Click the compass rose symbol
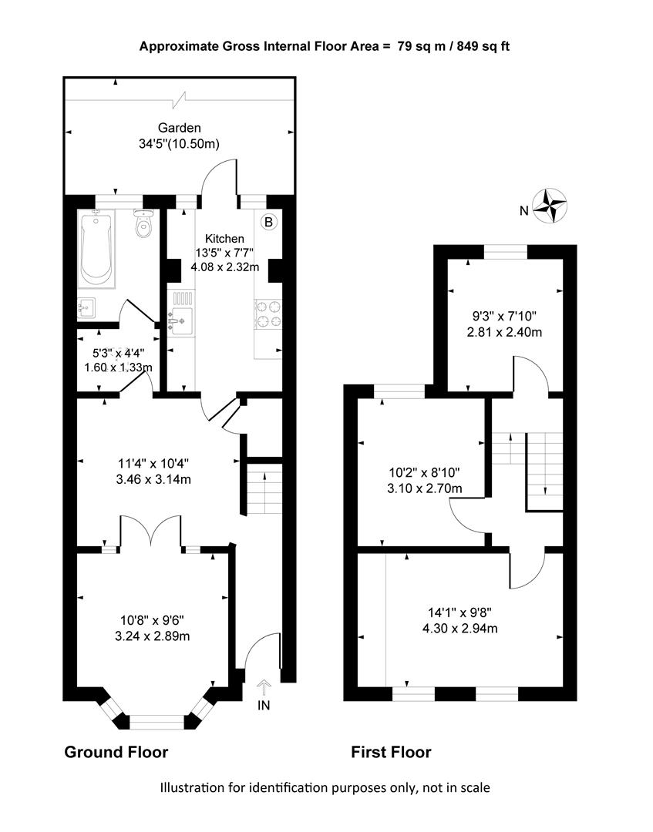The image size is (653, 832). (550, 206)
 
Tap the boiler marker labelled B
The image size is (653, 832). (268, 222)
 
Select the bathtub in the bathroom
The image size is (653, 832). (96, 248)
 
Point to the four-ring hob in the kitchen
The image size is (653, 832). (268, 314)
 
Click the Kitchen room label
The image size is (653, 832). (224, 239)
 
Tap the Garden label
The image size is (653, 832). (180, 128)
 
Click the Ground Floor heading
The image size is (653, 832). (116, 752)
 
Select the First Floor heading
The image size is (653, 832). (392, 752)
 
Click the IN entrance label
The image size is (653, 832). (264, 705)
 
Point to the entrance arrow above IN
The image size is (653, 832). (264, 688)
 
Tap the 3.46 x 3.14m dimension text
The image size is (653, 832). (153, 480)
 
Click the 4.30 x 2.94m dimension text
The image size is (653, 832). (459, 629)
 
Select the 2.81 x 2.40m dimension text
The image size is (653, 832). (504, 333)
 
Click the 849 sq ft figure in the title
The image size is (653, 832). (483, 47)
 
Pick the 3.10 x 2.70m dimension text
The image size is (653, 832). (425, 488)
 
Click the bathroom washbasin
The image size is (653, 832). (86, 308)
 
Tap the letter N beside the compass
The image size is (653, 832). (524, 211)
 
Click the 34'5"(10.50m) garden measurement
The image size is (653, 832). (180, 144)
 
